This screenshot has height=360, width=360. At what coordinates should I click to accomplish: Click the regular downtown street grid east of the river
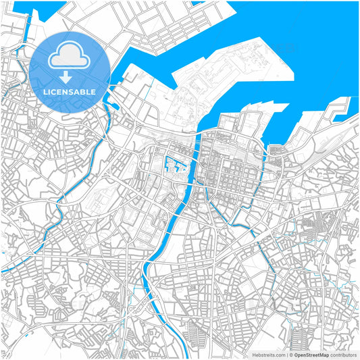click(233, 165)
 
